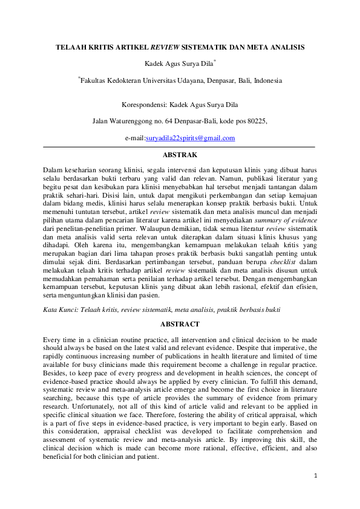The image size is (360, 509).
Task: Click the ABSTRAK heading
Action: coord(180,155)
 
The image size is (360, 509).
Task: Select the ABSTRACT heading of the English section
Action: coord(180,324)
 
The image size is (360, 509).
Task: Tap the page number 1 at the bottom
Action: coord(315,476)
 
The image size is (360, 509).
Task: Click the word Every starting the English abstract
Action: coord(53,340)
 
